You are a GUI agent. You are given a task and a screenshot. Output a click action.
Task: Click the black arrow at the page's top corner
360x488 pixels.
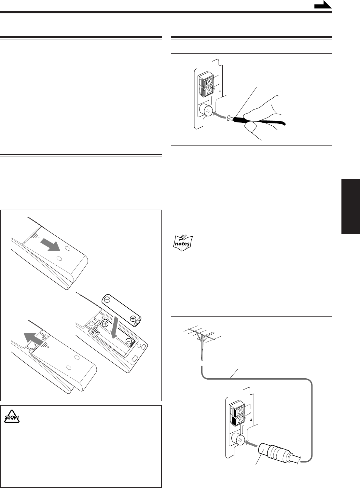(x=323, y=5)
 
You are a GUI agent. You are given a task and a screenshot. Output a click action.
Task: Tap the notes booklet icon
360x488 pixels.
(x=183, y=243)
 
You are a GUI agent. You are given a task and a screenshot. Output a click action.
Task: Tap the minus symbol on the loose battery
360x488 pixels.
(x=107, y=300)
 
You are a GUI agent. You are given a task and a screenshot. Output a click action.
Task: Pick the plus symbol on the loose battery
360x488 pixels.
(x=133, y=319)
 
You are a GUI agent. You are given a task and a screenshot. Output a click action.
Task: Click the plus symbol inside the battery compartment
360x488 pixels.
(x=105, y=324)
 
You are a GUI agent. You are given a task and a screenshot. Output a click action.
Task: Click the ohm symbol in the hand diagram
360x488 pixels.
(x=220, y=91)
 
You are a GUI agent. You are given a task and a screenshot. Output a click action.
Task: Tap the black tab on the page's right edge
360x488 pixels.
(x=351, y=206)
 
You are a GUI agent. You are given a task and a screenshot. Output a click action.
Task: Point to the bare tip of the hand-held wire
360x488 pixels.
(x=229, y=119)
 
